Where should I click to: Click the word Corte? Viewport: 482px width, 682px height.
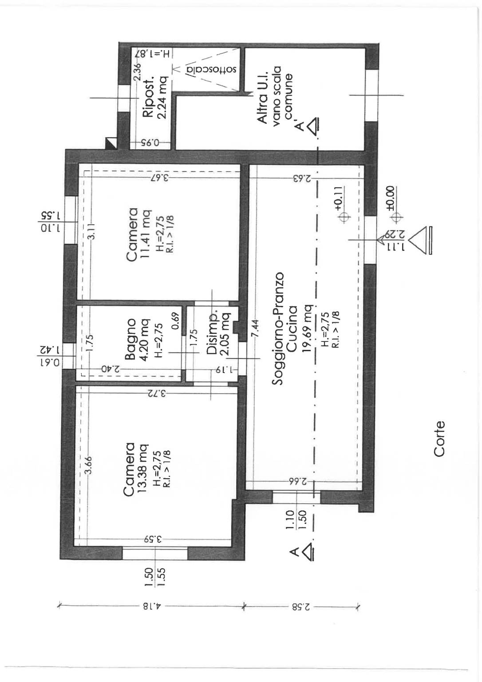point(439,439)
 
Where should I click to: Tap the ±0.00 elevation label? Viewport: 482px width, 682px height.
point(390,198)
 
